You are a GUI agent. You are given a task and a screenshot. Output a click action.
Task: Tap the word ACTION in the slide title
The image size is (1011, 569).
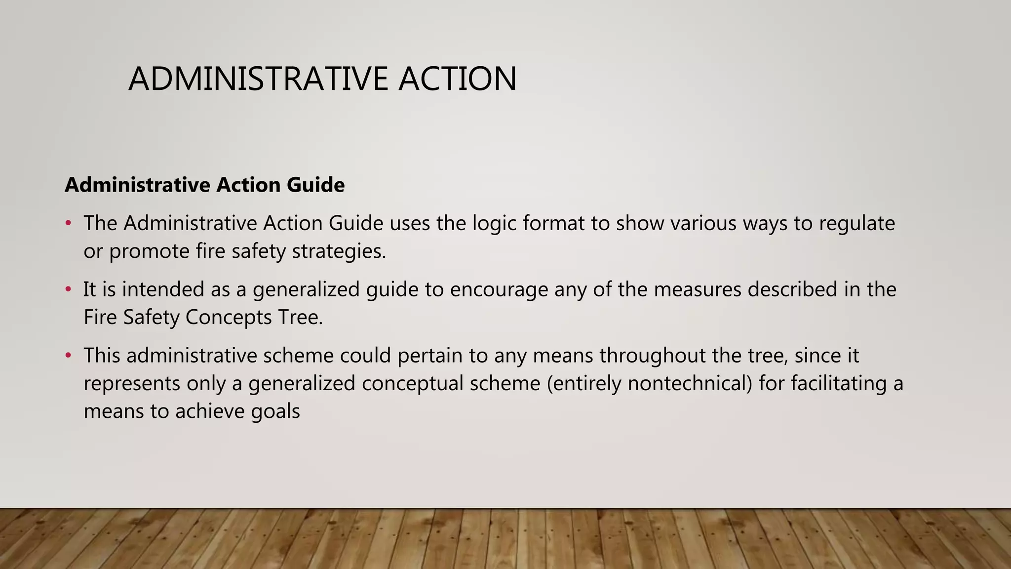coord(458,79)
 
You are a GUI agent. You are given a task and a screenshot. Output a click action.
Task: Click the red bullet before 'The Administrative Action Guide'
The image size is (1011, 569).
coord(69,223)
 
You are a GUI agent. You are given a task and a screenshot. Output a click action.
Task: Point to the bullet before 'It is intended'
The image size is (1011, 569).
coord(69,289)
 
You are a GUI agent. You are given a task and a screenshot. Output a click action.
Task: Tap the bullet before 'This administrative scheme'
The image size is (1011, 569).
coord(69,356)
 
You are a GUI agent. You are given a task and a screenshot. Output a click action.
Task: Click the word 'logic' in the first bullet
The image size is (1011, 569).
coord(494,223)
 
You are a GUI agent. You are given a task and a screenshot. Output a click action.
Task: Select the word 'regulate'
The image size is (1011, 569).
coord(857,223)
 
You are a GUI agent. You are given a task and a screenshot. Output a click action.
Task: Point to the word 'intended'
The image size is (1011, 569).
coord(163,289)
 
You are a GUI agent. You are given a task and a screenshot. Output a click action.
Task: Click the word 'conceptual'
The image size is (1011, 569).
coord(412,383)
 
